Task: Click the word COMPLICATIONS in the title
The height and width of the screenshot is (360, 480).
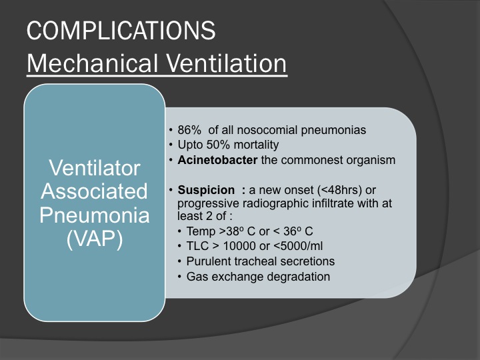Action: [121, 30]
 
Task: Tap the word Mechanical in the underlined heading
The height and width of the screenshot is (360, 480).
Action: [93, 63]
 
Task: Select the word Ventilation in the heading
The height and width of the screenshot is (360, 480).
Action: [226, 63]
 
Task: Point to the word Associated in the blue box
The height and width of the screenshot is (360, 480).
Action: [94, 191]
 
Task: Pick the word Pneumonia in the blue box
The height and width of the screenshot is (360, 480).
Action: [94, 215]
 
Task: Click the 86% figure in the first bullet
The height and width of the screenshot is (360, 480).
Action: [189, 130]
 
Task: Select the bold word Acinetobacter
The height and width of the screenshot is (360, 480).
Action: [217, 160]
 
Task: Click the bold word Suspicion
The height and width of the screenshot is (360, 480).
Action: [206, 190]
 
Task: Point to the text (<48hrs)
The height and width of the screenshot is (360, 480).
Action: [340, 190]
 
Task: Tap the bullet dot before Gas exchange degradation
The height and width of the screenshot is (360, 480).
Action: [180, 277]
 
